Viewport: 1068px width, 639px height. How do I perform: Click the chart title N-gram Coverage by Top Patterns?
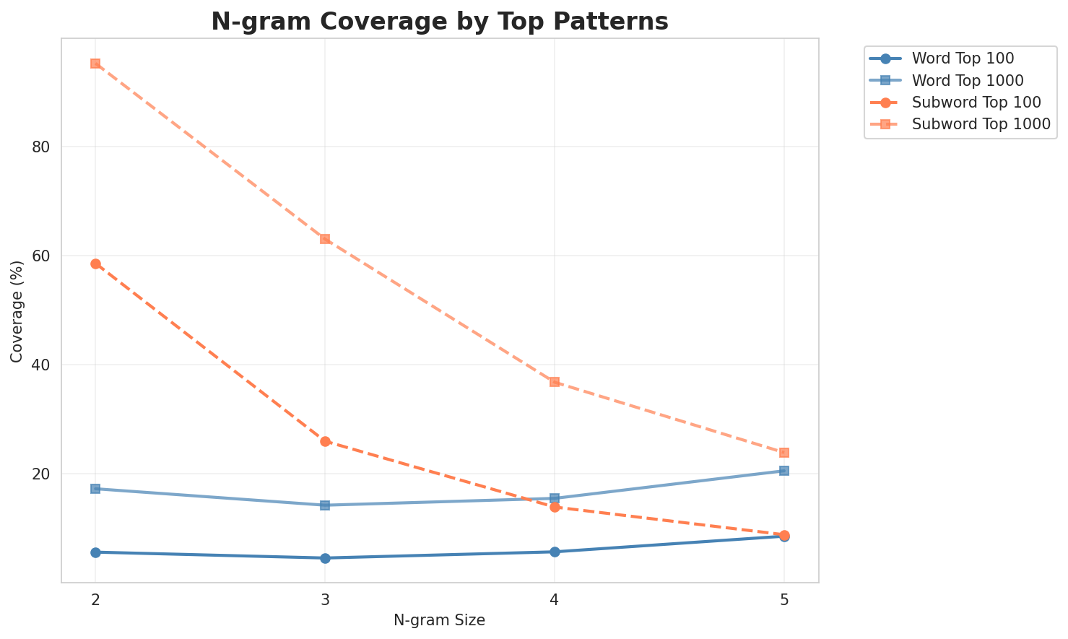pos(439,21)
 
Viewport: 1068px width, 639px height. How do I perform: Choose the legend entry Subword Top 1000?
pos(981,123)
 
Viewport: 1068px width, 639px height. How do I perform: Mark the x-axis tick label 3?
pos(325,600)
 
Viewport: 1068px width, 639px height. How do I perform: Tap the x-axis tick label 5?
pos(784,600)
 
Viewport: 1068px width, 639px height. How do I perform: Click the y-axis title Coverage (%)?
pos(17,310)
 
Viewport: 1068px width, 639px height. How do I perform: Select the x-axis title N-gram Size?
pos(439,620)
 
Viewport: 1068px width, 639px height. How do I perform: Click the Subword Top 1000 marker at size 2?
pos(95,64)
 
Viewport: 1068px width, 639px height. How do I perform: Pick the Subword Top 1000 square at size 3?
pos(325,239)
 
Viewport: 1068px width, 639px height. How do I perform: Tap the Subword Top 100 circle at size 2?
pos(95,264)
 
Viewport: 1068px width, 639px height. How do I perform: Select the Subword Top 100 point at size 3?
pos(325,441)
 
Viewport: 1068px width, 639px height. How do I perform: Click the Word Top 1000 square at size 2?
pos(95,489)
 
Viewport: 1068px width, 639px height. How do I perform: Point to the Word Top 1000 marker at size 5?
pos(784,471)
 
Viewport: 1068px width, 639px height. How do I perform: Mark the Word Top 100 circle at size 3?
pos(325,558)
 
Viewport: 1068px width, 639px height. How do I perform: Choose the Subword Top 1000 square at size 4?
pos(555,381)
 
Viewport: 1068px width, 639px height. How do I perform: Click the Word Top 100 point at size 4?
pos(555,552)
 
